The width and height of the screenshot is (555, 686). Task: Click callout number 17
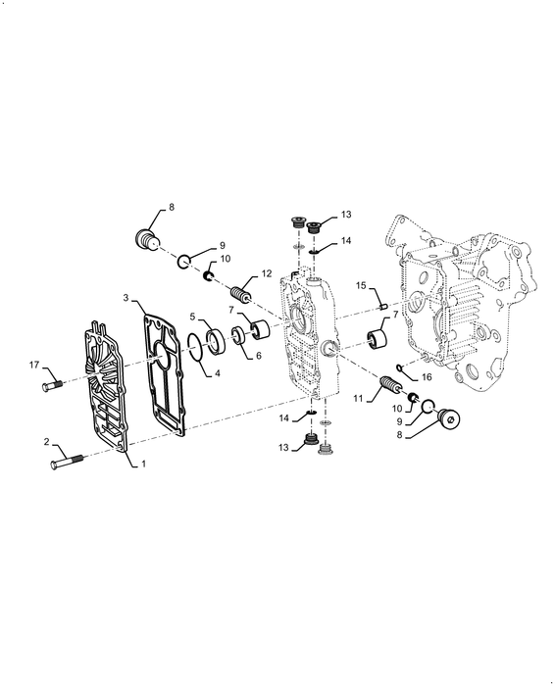pos(35,366)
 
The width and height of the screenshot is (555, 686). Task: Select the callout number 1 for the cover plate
pos(142,464)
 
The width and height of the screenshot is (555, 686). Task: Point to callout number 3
pos(126,295)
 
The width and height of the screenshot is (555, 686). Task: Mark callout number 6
pos(259,357)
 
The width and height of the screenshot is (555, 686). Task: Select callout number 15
pos(361,286)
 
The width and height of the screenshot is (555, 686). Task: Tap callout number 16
pos(428,376)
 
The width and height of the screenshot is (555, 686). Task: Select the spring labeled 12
pos(241,293)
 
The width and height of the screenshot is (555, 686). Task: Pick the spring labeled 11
pos(388,381)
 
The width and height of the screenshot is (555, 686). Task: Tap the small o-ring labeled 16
pos(398,369)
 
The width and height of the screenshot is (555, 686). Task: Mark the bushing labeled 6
pos(239,341)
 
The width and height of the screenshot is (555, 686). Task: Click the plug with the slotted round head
pos(450,419)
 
